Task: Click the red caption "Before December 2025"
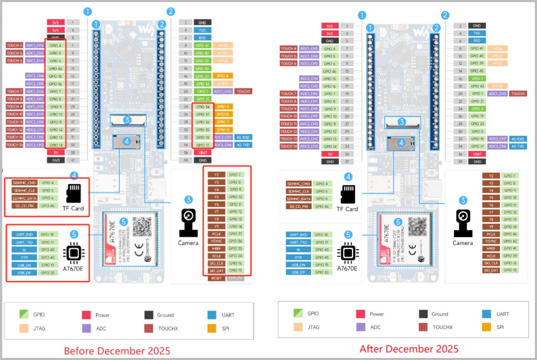(x=117, y=351)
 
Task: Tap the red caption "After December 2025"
(x=409, y=348)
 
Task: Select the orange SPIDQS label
(x=222, y=114)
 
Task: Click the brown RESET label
(x=216, y=278)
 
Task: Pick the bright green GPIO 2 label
(x=476, y=78)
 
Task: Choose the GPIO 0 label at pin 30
(x=476, y=131)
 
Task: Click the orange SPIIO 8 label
(x=222, y=130)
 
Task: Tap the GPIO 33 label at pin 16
(x=202, y=76)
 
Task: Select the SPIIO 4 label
(x=222, y=76)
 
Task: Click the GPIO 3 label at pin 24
(x=476, y=109)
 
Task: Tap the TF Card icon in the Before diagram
(x=74, y=193)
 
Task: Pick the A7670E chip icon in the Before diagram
(x=74, y=253)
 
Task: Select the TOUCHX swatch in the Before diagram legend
(x=149, y=328)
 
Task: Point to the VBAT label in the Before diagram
(x=202, y=153)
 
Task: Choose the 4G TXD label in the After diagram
(x=519, y=146)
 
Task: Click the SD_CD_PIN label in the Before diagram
(x=24, y=206)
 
